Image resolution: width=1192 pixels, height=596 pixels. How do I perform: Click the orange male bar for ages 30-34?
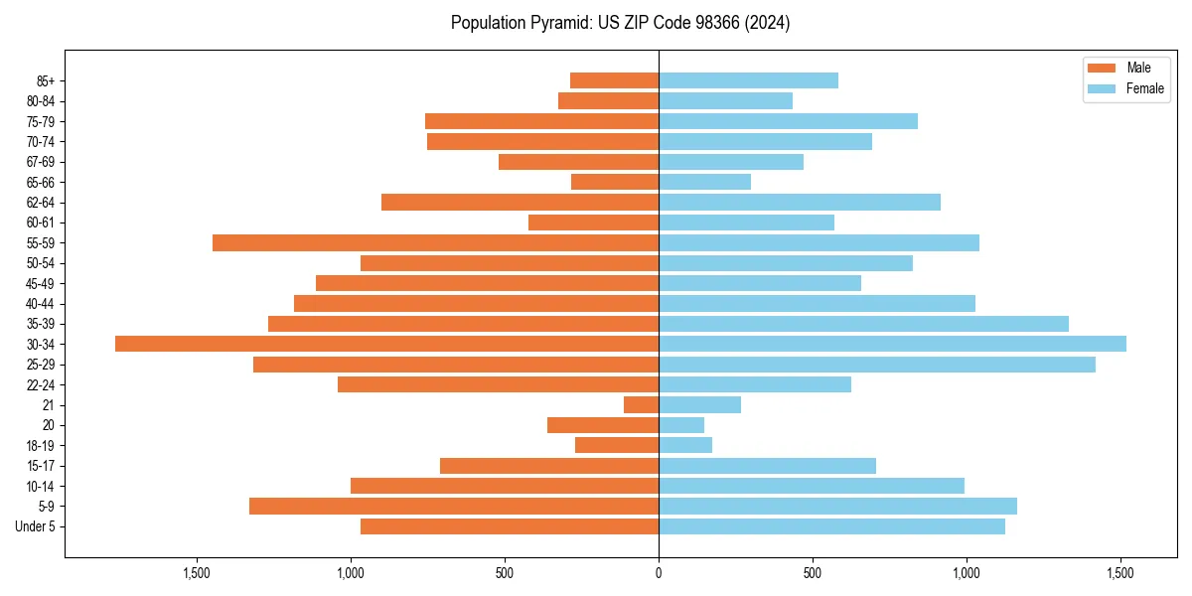(386, 344)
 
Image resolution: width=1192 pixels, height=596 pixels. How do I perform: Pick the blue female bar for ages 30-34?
(892, 344)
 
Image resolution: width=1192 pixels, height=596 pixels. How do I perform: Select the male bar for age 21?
(641, 404)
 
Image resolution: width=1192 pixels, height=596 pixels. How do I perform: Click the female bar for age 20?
(681, 425)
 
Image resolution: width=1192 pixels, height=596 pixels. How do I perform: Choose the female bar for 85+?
(748, 80)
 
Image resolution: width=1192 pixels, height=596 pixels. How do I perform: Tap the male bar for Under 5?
(510, 526)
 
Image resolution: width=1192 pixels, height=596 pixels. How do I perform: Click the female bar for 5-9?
(837, 506)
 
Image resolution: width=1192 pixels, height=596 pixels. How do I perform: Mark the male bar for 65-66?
(615, 182)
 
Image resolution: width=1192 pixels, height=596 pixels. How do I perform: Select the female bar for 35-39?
(863, 324)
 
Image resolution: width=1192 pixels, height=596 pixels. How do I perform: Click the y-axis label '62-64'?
(41, 203)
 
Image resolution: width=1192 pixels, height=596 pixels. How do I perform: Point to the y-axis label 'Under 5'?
(36, 526)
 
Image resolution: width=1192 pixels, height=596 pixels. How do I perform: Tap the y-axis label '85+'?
(46, 80)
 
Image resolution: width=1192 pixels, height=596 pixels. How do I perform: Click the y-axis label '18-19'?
(41, 445)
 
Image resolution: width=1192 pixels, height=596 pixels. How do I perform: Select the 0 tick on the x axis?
(659, 573)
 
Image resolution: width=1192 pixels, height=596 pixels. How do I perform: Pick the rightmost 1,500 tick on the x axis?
(1120, 573)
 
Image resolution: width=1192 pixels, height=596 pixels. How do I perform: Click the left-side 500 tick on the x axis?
(505, 573)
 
